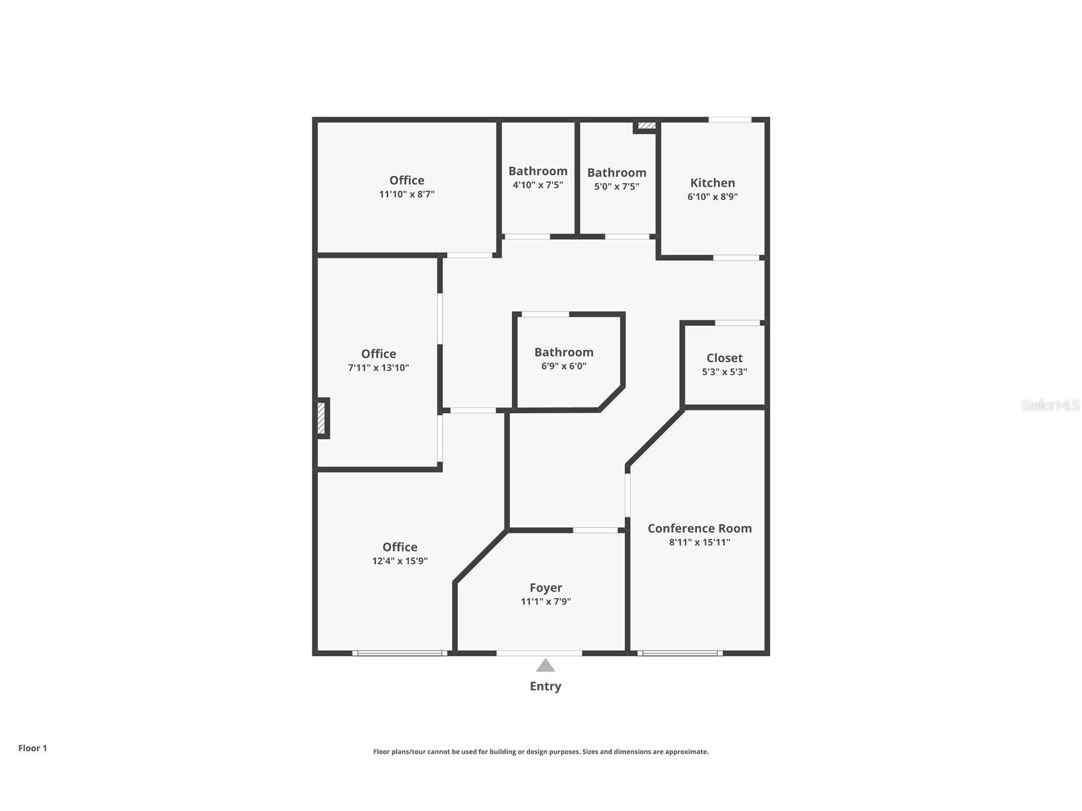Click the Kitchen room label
coord(712,183)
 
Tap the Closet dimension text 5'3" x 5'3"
coord(724,372)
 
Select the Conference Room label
coord(699,529)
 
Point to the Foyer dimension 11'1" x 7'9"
coord(545,601)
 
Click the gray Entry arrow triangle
coord(545,666)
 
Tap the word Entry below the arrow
coord(545,686)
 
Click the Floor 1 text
coord(33,748)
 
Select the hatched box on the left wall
coord(322,418)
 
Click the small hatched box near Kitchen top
coord(646,126)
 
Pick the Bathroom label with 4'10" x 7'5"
coord(537,171)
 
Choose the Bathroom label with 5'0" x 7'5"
coord(616,173)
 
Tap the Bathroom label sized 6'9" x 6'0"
coord(564,353)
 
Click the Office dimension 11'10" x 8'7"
coord(407,194)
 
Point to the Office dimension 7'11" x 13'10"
coord(378,368)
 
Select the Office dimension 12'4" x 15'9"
coord(400,561)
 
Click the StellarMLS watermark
coord(1049,405)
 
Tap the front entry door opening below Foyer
coord(539,653)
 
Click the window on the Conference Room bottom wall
coord(680,653)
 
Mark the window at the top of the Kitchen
coord(730,120)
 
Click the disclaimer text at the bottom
coord(541,752)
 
